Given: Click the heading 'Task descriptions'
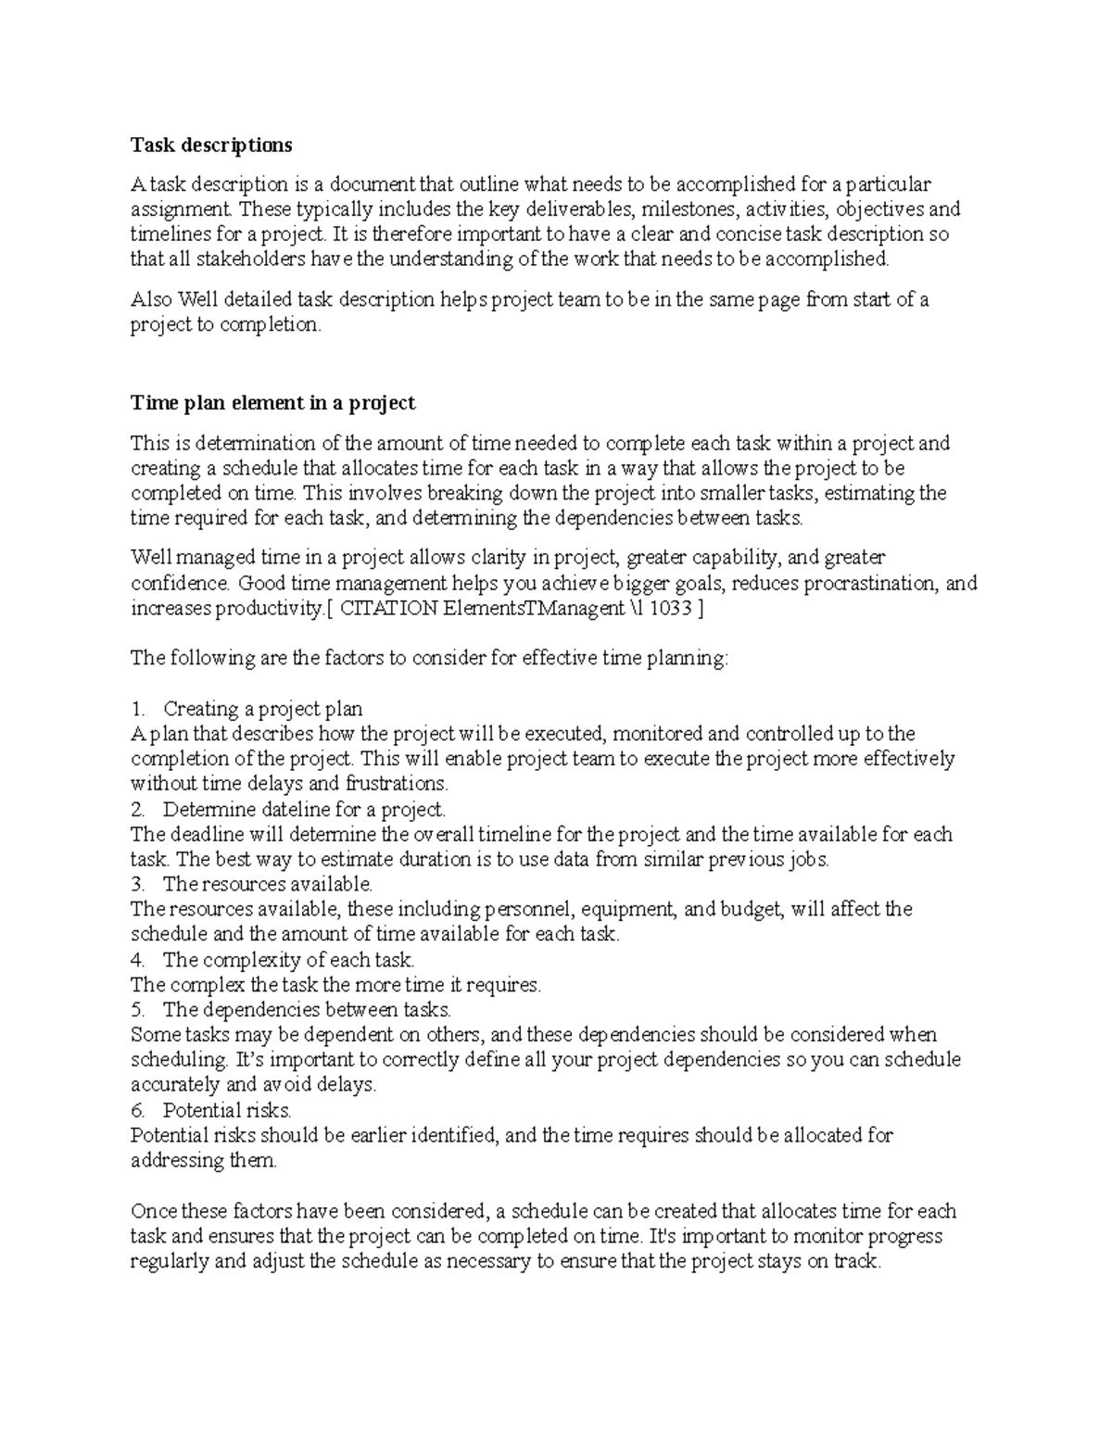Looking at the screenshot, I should pyautogui.click(x=210, y=145).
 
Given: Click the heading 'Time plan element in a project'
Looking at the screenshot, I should pyautogui.click(x=272, y=403).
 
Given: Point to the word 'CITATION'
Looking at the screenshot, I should pyautogui.click(x=389, y=609).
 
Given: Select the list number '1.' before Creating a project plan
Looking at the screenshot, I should pyautogui.click(x=139, y=710).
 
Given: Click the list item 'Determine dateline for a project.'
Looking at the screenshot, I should pyautogui.click(x=304, y=810).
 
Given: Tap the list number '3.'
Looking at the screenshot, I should pyautogui.click(x=139, y=885).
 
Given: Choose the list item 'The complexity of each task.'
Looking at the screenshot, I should pyautogui.click(x=288, y=960).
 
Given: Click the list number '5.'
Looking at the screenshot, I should pyautogui.click(x=139, y=1010).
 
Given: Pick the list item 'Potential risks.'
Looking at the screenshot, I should pyautogui.click(x=227, y=1110).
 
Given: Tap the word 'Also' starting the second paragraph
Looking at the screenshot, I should pyautogui.click(x=151, y=300).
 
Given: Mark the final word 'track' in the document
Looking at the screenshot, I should pyautogui.click(x=853, y=1262).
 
